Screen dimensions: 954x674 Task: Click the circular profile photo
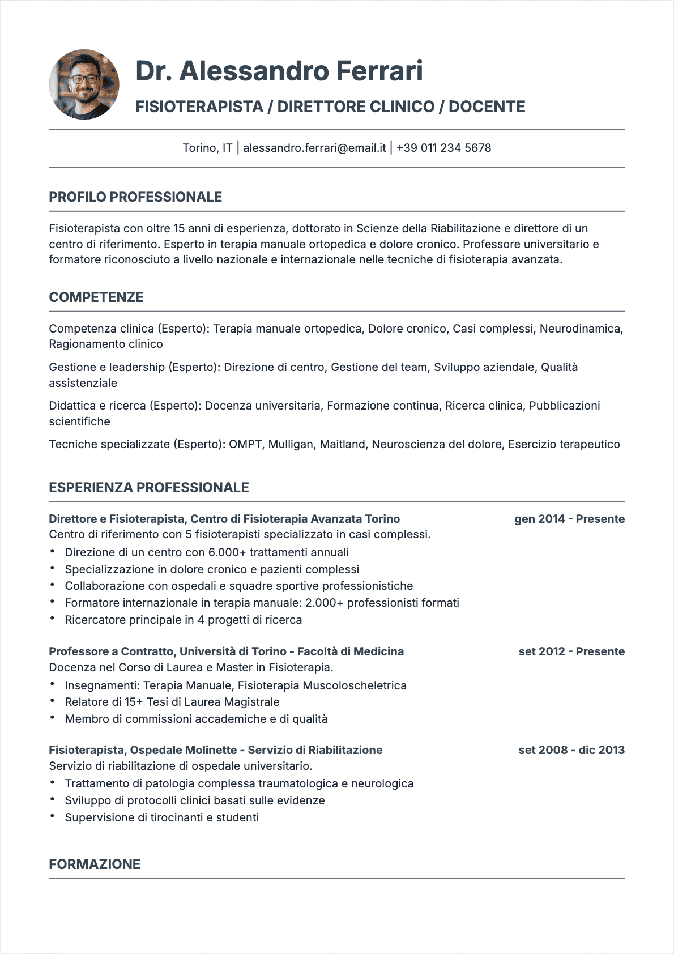[x=84, y=84]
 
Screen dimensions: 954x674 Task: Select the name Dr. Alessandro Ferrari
[x=279, y=71]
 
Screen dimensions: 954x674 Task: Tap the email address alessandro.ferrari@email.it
[x=314, y=148]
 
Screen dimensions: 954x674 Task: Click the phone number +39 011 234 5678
[x=443, y=148]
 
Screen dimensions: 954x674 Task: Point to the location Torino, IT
[x=207, y=148]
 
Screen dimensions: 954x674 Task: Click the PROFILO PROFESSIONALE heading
[x=135, y=197]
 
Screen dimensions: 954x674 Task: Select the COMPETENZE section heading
[x=96, y=297]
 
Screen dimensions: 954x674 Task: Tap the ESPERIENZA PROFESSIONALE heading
[x=149, y=488]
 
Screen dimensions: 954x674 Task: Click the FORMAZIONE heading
[x=95, y=864]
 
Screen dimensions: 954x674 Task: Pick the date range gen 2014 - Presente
[x=569, y=519]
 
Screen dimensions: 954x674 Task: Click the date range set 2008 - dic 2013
[x=571, y=750]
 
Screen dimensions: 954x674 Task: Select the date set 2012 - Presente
[x=571, y=651]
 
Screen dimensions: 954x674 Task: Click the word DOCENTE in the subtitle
[x=487, y=107]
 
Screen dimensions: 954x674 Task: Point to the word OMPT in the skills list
[x=245, y=444]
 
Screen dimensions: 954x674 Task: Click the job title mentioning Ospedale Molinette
[x=215, y=750]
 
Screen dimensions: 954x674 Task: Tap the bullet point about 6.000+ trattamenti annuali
[x=207, y=552]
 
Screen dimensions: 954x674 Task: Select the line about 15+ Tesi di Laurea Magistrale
[x=172, y=702]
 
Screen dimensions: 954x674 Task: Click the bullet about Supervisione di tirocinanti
[x=161, y=817]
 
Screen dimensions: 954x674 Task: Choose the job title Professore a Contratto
[x=226, y=651]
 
